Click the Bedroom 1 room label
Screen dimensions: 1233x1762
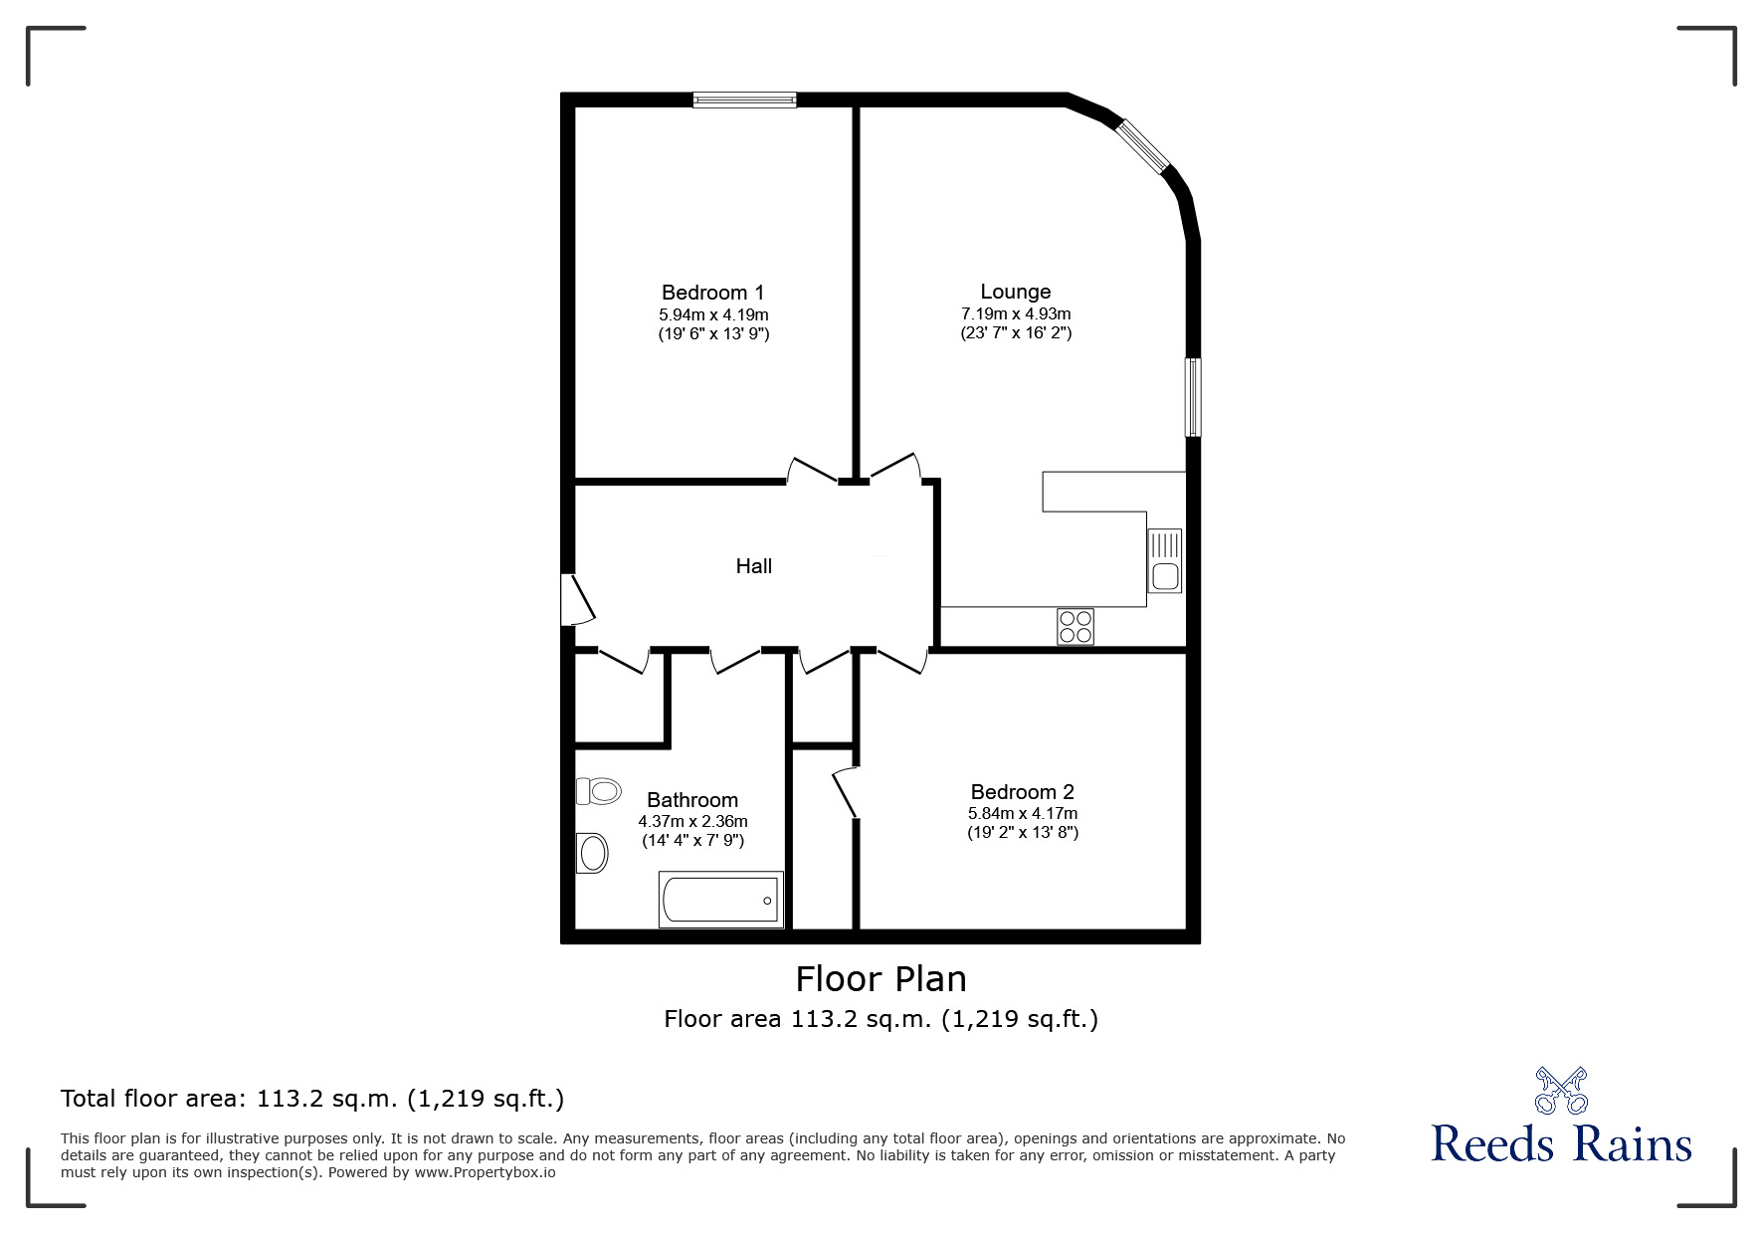pyautogui.click(x=712, y=293)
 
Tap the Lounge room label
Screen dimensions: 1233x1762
pyautogui.click(x=1015, y=292)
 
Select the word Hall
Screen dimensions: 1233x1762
pyautogui.click(x=753, y=566)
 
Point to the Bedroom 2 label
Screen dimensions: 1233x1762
pyautogui.click(x=1022, y=792)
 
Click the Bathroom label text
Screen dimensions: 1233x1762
pyautogui.click(x=691, y=800)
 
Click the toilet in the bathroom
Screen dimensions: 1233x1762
pyautogui.click(x=599, y=791)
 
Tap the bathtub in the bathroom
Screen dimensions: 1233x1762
pyautogui.click(x=720, y=900)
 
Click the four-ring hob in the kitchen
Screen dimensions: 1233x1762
pyautogui.click(x=1076, y=627)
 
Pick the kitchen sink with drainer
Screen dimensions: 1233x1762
pyautogui.click(x=1164, y=561)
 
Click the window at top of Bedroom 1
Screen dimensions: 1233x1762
pyautogui.click(x=744, y=99)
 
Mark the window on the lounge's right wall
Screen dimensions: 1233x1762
pyautogui.click(x=1192, y=397)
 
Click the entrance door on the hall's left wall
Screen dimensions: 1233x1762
pyautogui.click(x=576, y=599)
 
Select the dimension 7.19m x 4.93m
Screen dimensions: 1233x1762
pyautogui.click(x=1015, y=313)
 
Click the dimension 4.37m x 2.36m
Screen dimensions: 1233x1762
pyautogui.click(x=692, y=822)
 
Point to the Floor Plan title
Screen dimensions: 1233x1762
pyautogui.click(x=881, y=979)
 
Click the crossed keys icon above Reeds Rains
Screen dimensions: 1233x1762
pyautogui.click(x=1561, y=1090)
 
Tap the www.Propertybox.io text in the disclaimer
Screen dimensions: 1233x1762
pyautogui.click(x=485, y=1172)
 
